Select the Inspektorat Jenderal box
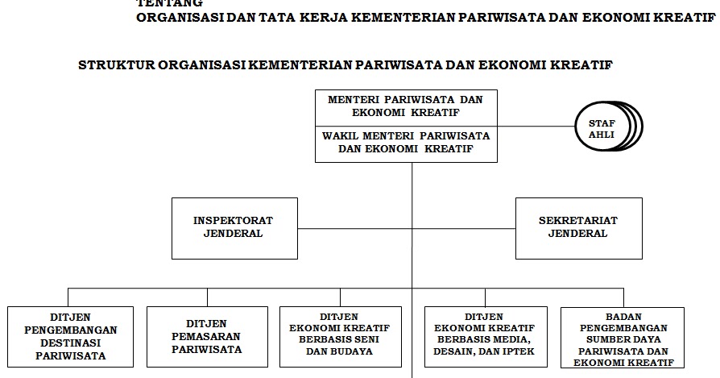tap(234, 228)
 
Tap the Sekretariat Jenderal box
tap(578, 228)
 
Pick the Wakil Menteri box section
tap(405, 143)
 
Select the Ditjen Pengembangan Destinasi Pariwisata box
tap(70, 335)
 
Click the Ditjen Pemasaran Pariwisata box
tap(207, 335)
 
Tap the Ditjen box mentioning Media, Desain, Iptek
tap(484, 335)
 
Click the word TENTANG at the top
tap(169, 3)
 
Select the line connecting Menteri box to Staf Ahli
tap(536, 127)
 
